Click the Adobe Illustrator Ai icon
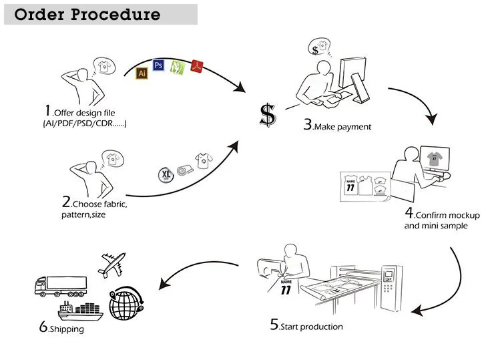142,73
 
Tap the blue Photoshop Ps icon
158,65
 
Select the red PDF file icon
197,66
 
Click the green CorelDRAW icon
177,67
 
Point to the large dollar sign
268,115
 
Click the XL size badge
166,175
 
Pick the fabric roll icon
185,170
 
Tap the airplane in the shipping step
112,264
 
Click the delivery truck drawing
61,287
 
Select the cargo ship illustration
80,311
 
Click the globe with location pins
126,303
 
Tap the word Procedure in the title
115,15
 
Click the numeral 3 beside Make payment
308,124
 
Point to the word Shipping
67,329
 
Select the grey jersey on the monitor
435,158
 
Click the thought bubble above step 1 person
104,66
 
